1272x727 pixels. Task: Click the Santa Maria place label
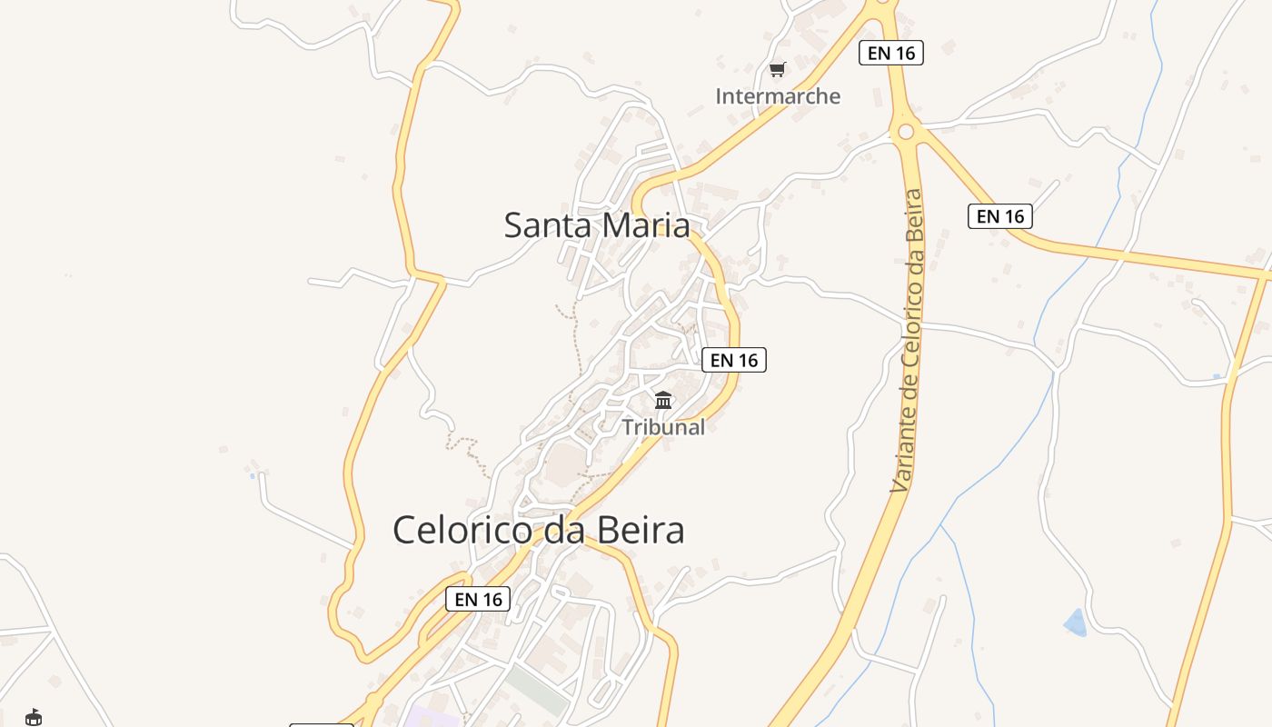pyautogui.click(x=597, y=224)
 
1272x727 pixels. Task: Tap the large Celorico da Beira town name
pyautogui.click(x=538, y=530)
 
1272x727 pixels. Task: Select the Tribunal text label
pyautogui.click(x=663, y=426)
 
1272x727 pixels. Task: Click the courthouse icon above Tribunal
pyautogui.click(x=663, y=400)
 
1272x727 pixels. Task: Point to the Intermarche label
pyautogui.click(x=778, y=95)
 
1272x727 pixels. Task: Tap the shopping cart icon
pyautogui.click(x=777, y=69)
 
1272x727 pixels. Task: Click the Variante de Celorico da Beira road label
pyautogui.click(x=908, y=341)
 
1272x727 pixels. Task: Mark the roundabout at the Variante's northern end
pyautogui.click(x=905, y=132)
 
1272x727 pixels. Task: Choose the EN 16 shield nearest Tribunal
pyautogui.click(x=734, y=360)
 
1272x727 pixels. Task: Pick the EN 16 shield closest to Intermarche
pyautogui.click(x=890, y=53)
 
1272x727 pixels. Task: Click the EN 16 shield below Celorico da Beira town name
pyautogui.click(x=478, y=599)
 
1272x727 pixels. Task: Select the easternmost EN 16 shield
pyautogui.click(x=999, y=216)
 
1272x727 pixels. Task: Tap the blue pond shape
pyautogui.click(x=1076, y=622)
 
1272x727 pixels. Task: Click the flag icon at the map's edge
pyautogui.click(x=34, y=717)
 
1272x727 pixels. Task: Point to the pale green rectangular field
pyautogui.click(x=537, y=691)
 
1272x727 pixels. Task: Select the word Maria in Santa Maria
pyautogui.click(x=646, y=224)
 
